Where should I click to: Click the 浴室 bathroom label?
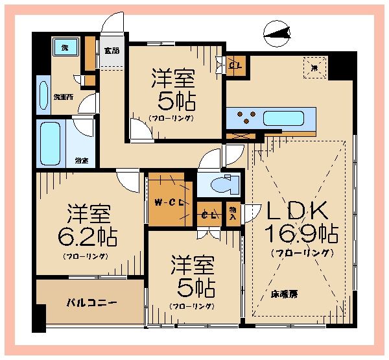click(x=81, y=160)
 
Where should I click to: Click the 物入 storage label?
click(x=233, y=212)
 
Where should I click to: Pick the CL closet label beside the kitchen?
click(x=235, y=65)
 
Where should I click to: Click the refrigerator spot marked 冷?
click(x=314, y=68)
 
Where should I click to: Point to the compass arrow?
click(x=277, y=32)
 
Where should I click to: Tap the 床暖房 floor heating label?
click(x=285, y=294)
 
